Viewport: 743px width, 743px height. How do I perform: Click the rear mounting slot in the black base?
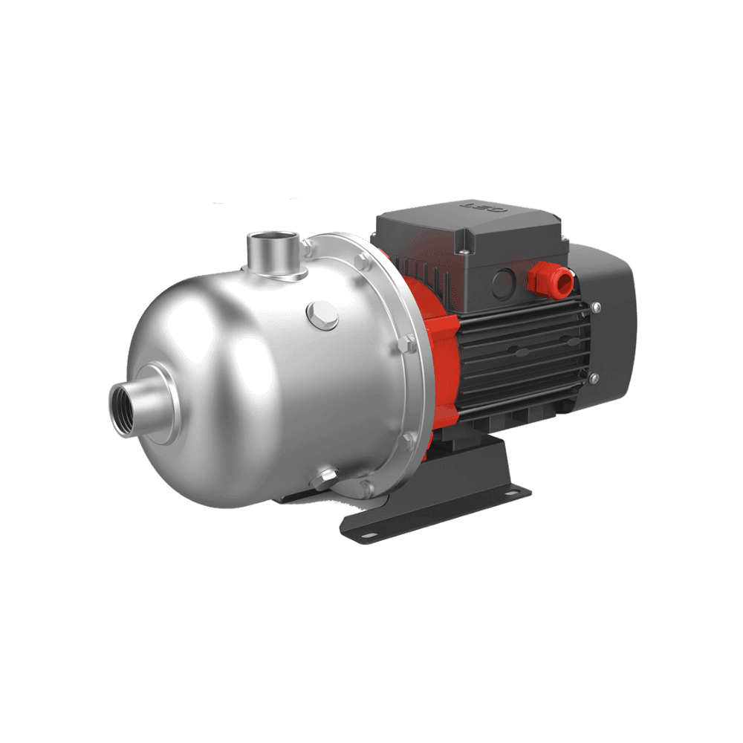(512, 492)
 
